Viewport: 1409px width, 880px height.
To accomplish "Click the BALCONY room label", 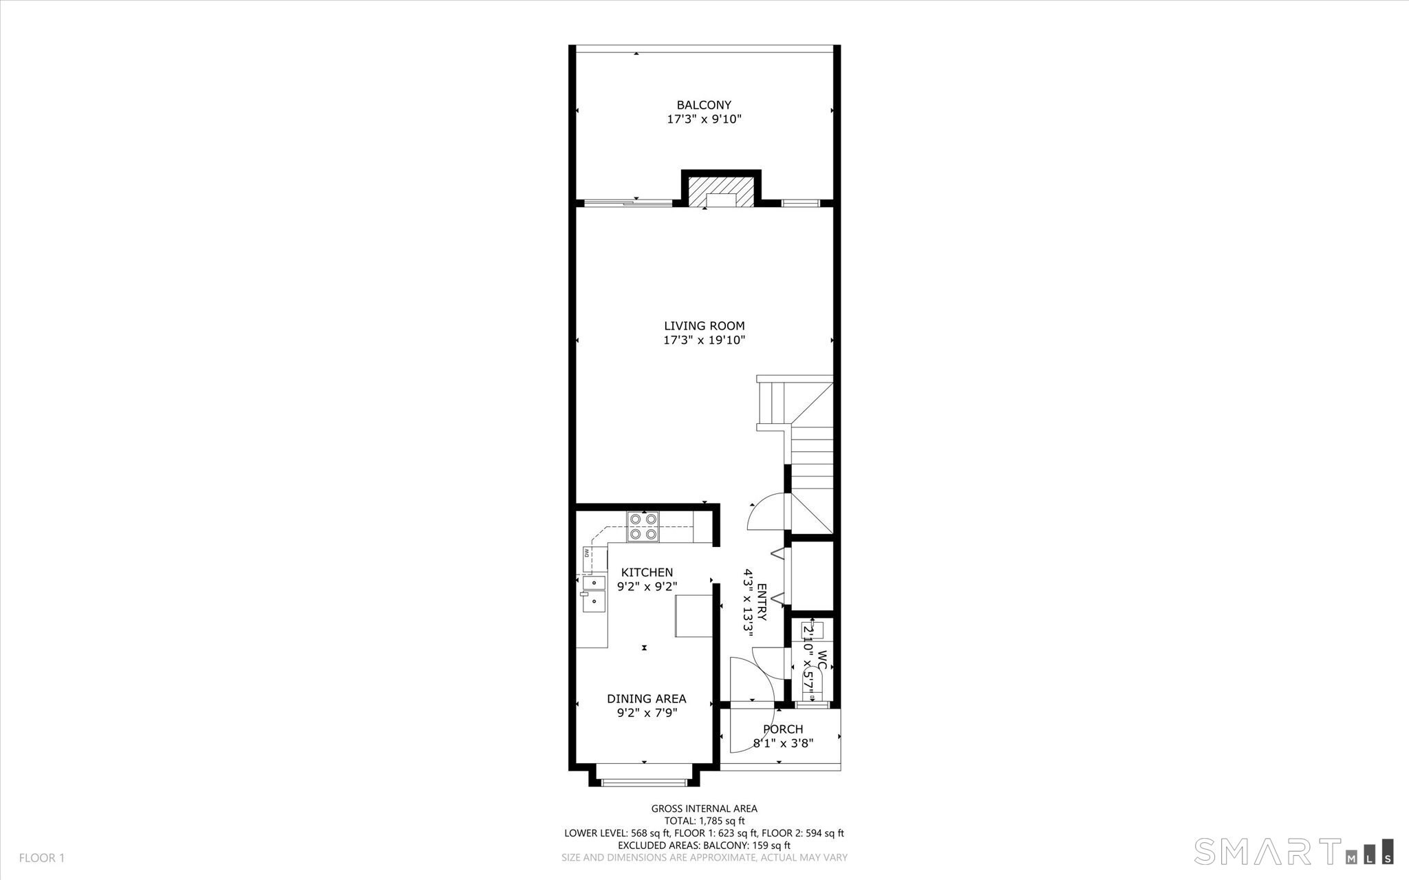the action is click(x=704, y=105).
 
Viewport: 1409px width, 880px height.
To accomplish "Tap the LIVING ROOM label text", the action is click(x=704, y=326).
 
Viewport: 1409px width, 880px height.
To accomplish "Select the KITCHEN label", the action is click(x=647, y=572).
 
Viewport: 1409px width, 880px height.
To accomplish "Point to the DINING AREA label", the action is click(x=647, y=699).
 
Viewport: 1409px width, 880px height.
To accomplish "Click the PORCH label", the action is click(x=783, y=729).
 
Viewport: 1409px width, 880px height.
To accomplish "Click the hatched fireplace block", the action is click(x=721, y=192).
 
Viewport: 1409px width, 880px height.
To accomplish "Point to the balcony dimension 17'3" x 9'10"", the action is click(x=704, y=119).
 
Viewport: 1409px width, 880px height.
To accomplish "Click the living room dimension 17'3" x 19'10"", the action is click(x=704, y=340).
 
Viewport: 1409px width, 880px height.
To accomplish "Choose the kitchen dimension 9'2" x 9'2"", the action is click(x=647, y=586).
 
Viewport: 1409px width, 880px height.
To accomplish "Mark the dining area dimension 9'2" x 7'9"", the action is click(x=647, y=713).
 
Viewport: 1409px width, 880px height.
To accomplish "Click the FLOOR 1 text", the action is click(x=41, y=858).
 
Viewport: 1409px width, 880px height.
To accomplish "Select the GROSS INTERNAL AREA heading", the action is click(x=704, y=808).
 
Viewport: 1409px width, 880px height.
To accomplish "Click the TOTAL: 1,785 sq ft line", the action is click(x=704, y=821).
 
